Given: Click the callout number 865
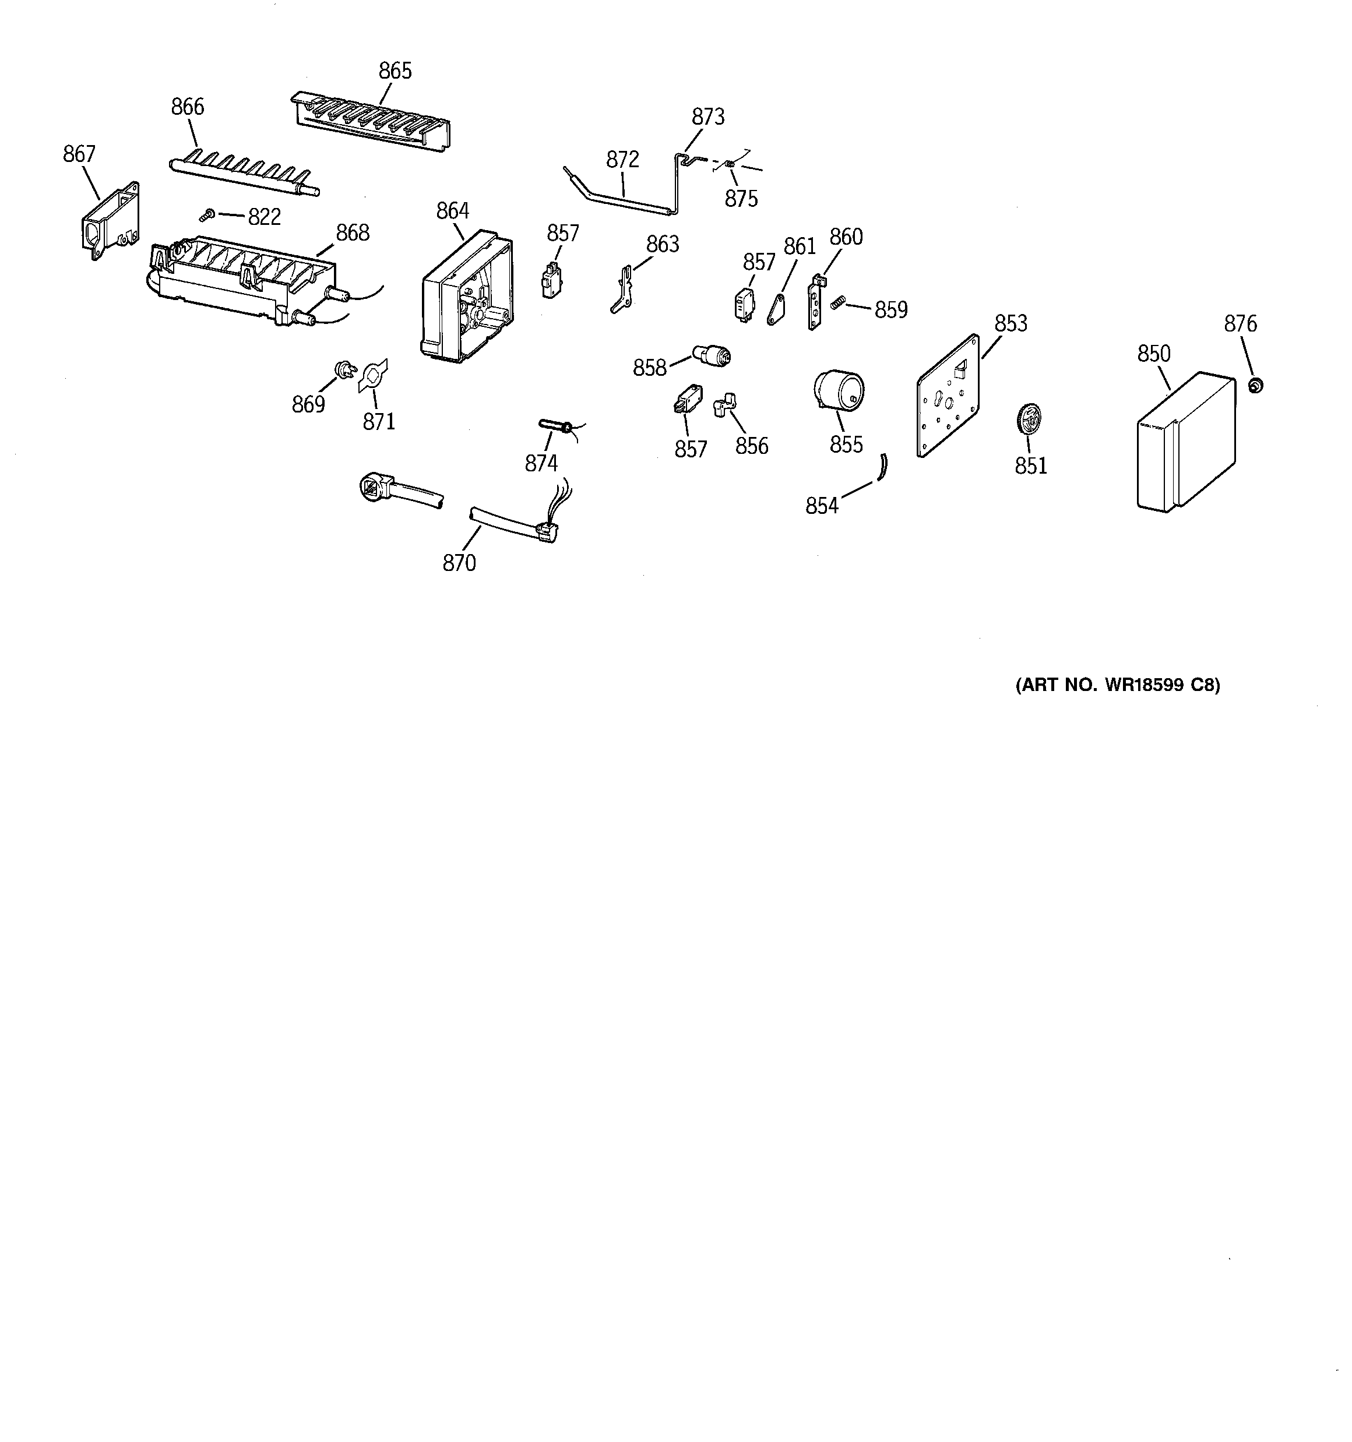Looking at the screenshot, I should point(395,71).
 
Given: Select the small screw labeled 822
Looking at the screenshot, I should point(207,215).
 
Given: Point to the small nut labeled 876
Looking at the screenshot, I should point(1255,385).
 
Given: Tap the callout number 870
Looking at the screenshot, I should point(459,563).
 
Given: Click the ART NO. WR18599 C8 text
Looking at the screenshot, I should point(1117,685).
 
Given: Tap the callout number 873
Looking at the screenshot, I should point(707,117).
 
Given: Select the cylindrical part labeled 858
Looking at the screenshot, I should point(713,355).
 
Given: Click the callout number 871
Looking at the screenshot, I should point(379,421).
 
